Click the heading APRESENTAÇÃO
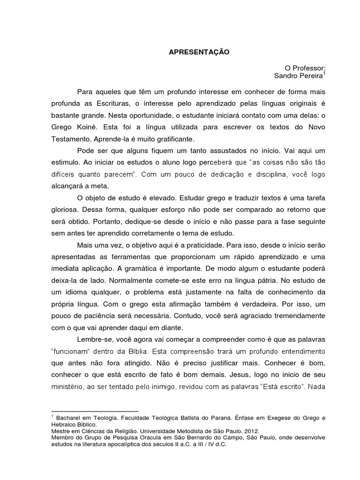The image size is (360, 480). click(199, 52)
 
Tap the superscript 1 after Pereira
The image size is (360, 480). click(324, 73)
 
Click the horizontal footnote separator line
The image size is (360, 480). click(94, 411)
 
